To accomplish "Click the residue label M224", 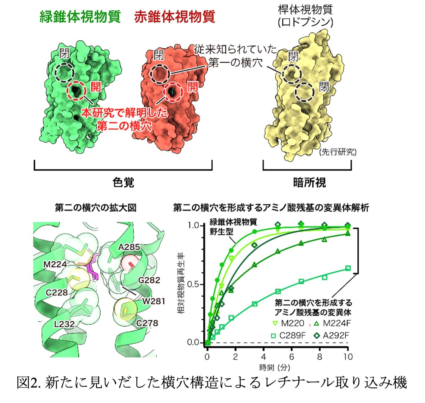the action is (x=55, y=264).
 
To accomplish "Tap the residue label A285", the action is (x=129, y=247).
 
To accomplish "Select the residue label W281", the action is (x=154, y=301).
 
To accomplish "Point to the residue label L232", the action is (x=64, y=324).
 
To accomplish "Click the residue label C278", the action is (x=147, y=323).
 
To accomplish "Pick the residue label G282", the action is (x=149, y=280).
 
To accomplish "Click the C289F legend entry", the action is (x=289, y=336).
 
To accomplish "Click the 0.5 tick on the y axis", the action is (x=193, y=285).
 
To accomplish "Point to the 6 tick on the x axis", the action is (x=292, y=357).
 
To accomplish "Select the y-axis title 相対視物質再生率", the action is (x=181, y=284).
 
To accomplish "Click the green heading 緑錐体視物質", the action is (x=80, y=17).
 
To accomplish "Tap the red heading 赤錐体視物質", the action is (x=175, y=17).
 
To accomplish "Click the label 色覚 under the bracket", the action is (x=123, y=183).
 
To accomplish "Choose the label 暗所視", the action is (x=309, y=183).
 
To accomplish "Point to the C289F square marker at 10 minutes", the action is (x=348, y=268).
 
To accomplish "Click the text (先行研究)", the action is (x=337, y=152).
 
